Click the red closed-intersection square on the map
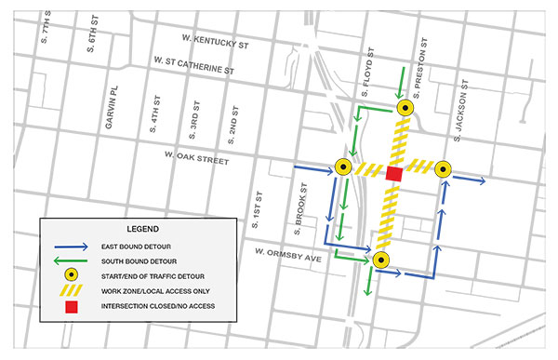[x=393, y=174]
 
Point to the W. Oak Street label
[x=195, y=160]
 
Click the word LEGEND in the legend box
[x=142, y=228]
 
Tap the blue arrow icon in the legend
[x=70, y=247]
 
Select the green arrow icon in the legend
[x=70, y=262]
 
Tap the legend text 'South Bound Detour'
[x=137, y=262]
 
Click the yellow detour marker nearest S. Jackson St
[x=443, y=168]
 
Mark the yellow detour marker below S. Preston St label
[x=405, y=108]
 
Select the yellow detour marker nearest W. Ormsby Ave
[x=380, y=260]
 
